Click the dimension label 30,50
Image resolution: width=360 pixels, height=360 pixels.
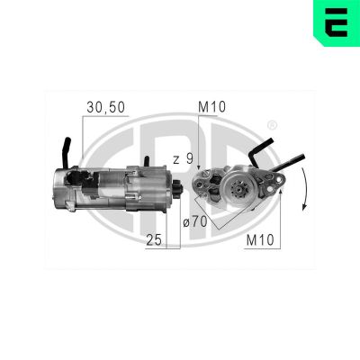point(105,107)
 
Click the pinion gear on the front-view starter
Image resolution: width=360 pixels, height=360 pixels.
point(239,191)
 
